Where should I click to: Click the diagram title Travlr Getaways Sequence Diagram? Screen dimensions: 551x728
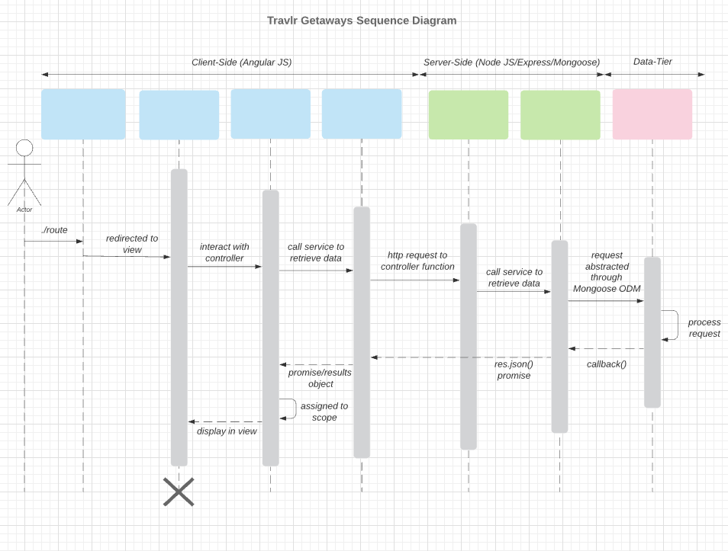tap(362, 21)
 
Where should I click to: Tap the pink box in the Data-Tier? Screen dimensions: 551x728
tap(652, 114)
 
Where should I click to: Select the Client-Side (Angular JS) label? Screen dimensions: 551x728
tap(241, 62)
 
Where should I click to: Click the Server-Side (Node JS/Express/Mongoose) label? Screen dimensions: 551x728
tap(511, 62)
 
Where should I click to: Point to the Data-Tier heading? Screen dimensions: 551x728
tap(652, 62)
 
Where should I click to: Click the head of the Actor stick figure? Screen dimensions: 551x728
tap(24, 148)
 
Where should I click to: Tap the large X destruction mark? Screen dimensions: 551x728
tap(179, 492)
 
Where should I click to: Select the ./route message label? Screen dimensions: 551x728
tap(54, 229)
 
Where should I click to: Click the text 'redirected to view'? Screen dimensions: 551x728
tap(132, 244)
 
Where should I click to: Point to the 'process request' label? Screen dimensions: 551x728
tap(704, 328)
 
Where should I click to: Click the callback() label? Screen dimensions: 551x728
tap(607, 364)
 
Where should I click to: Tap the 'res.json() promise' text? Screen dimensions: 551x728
tap(514, 370)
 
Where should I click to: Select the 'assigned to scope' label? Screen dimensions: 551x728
tap(324, 412)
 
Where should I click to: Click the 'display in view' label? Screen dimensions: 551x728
tap(227, 431)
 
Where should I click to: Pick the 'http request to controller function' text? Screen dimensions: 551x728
tap(417, 261)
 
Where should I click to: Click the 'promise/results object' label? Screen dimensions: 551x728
tap(320, 378)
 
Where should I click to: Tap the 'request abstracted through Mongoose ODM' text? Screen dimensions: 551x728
tap(607, 272)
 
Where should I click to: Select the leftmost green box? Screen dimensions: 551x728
tap(468, 115)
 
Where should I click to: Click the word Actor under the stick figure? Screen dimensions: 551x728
tap(24, 210)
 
